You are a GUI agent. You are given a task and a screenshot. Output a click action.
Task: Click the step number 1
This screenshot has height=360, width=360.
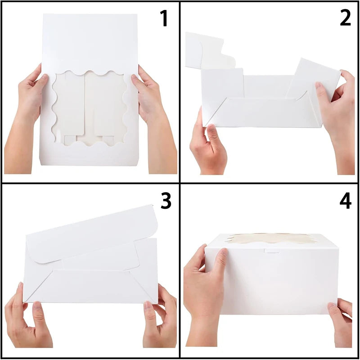point(164,18)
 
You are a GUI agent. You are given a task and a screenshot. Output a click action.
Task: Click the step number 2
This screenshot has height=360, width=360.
point(345,18)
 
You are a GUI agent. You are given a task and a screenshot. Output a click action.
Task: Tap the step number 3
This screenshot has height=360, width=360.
point(166,201)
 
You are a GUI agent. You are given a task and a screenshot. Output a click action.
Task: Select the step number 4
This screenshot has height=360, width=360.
point(345,201)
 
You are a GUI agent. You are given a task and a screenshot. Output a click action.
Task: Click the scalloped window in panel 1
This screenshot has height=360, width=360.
point(90,108)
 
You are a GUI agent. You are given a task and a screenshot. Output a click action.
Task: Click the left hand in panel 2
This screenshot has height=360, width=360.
point(208,147)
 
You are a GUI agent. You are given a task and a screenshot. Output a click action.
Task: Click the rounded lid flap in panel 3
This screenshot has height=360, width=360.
point(92,234)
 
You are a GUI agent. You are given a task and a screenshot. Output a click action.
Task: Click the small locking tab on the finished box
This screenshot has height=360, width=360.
point(272,251)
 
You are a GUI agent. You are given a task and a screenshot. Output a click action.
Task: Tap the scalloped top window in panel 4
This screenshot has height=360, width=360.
point(271,238)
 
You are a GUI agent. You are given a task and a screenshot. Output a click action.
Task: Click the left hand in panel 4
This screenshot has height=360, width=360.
point(204,294)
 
